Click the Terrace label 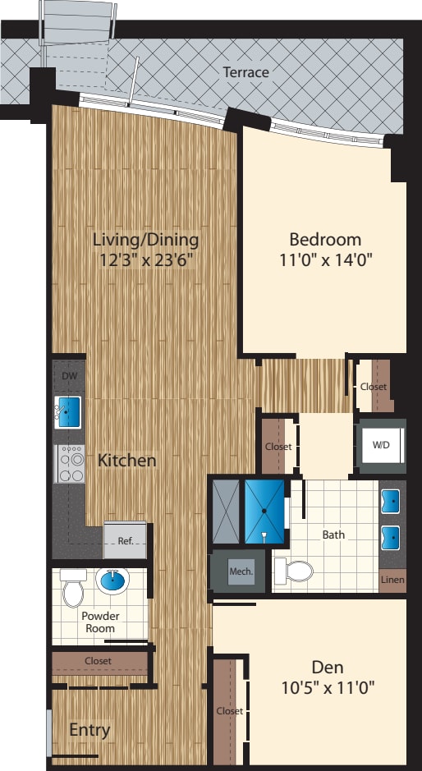(245, 72)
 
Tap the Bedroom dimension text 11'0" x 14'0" (325, 262)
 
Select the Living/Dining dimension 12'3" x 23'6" (145, 262)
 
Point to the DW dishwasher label (68, 376)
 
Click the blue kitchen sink (68, 411)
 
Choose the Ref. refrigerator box (125, 541)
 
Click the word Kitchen (127, 461)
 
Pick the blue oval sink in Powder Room (113, 582)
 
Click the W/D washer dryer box (382, 446)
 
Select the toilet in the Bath (296, 569)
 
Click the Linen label (392, 580)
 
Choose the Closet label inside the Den (230, 711)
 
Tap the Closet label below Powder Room (98, 660)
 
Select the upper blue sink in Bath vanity (392, 500)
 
